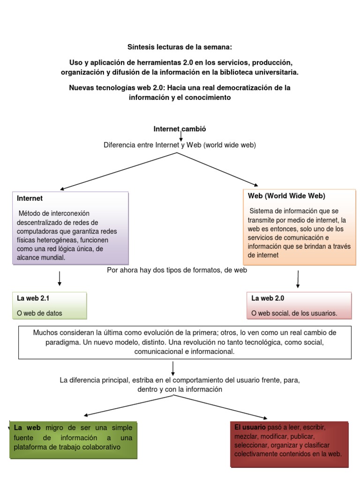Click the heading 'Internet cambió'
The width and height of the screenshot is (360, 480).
point(180,129)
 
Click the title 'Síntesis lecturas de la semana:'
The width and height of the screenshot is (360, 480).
point(180,47)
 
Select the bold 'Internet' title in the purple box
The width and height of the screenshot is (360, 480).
point(30,199)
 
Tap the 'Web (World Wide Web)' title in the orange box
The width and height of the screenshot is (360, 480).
point(286,196)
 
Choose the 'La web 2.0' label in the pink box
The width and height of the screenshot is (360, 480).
point(268,298)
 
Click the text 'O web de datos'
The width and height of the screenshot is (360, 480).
point(39,313)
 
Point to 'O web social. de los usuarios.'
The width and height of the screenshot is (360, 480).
point(294,313)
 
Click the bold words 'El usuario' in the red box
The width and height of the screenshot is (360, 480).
point(250,428)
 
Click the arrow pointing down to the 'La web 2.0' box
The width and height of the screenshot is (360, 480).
point(298,279)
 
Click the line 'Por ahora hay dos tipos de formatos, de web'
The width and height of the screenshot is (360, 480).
point(177,270)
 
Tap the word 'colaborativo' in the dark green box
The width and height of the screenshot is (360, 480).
point(102,447)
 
